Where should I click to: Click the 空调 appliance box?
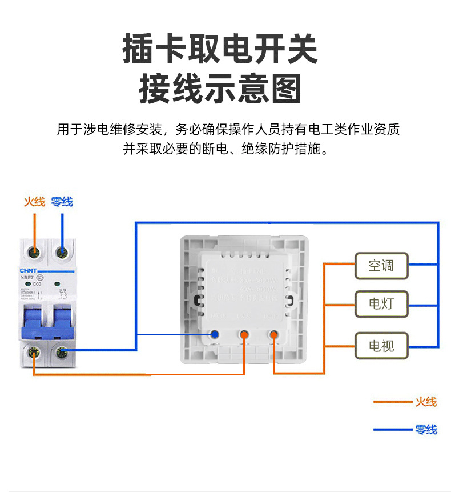(381, 266)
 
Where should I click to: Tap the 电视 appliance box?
(381, 345)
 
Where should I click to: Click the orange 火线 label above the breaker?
(34, 202)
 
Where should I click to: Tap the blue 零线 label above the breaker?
(62, 202)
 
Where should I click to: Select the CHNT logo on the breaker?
(28, 271)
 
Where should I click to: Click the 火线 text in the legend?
(426, 402)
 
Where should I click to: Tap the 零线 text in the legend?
(426, 429)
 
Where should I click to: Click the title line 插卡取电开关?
(220, 50)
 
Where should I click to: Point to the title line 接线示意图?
(220, 89)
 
